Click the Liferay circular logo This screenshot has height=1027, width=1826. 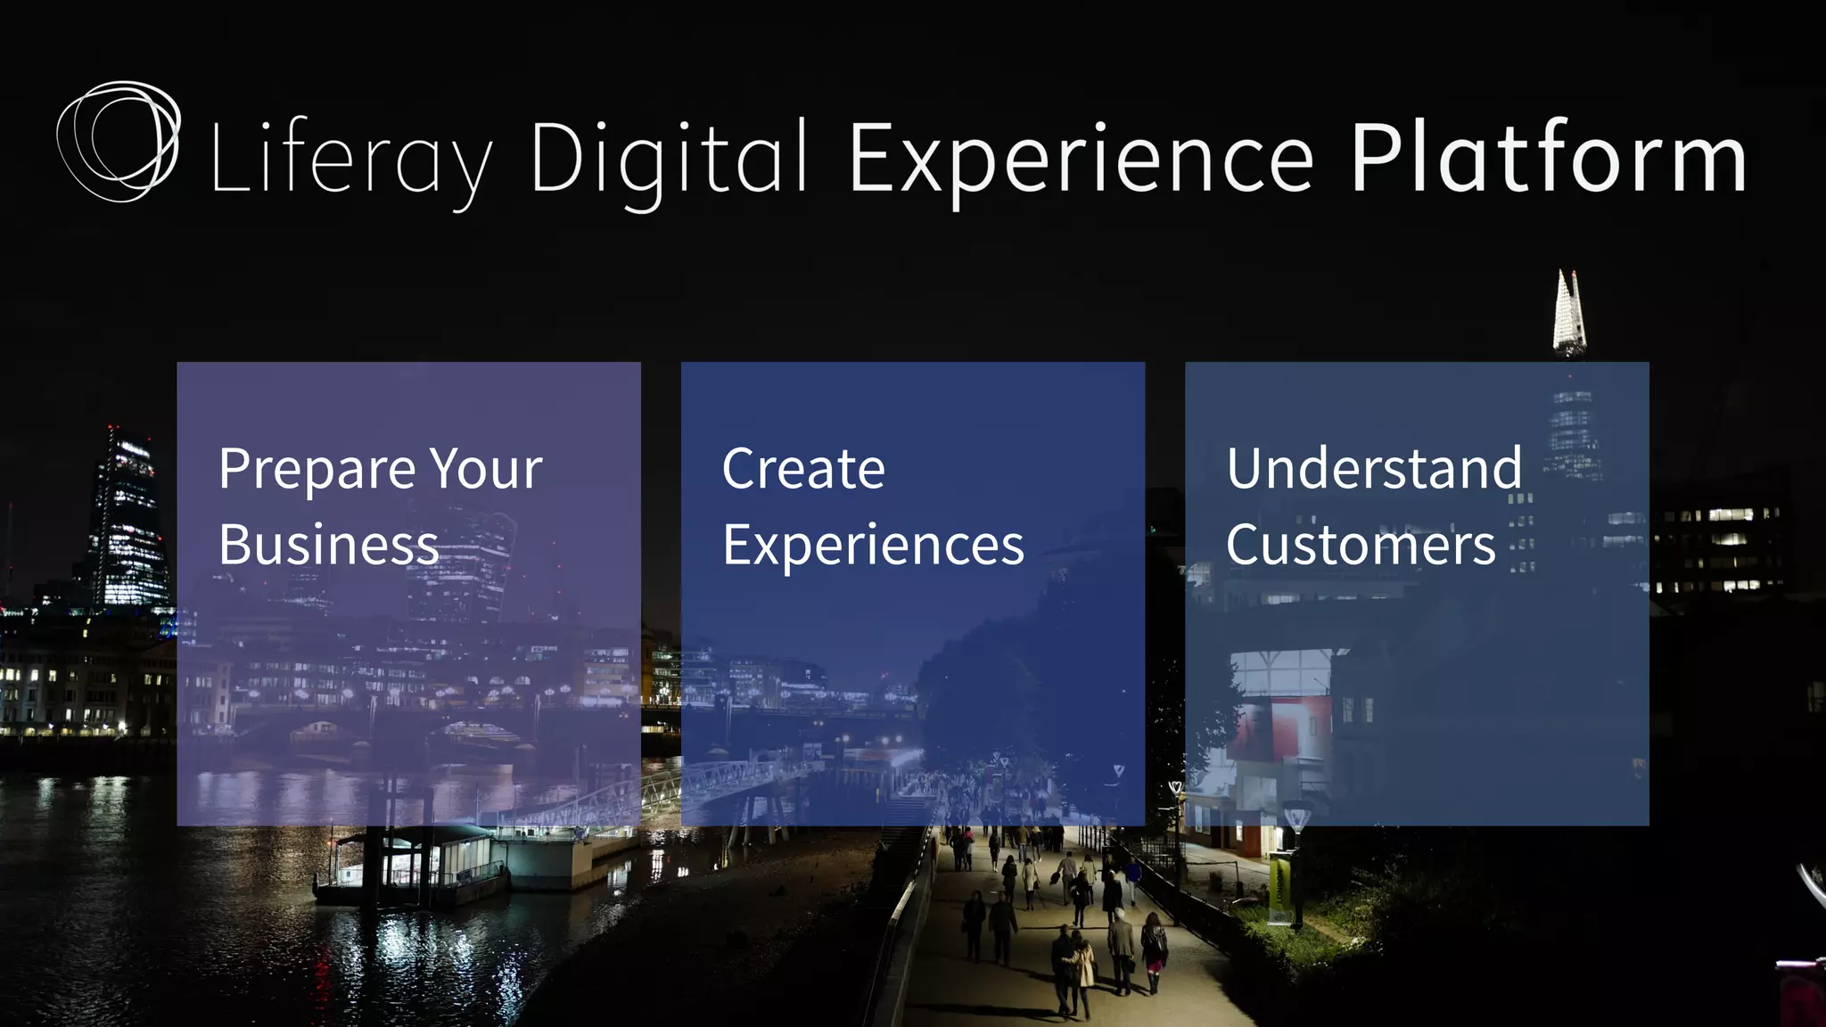pyautogui.click(x=119, y=141)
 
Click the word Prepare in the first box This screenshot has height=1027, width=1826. pyautogui.click(x=317, y=470)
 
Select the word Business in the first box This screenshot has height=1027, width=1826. pyautogui.click(x=328, y=544)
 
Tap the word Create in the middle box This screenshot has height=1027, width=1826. pyautogui.click(x=803, y=469)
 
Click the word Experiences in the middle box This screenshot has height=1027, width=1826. pyautogui.click(x=873, y=546)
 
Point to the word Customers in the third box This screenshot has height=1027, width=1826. pyautogui.click(x=1361, y=545)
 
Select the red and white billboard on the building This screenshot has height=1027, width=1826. pyautogui.click(x=1279, y=727)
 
